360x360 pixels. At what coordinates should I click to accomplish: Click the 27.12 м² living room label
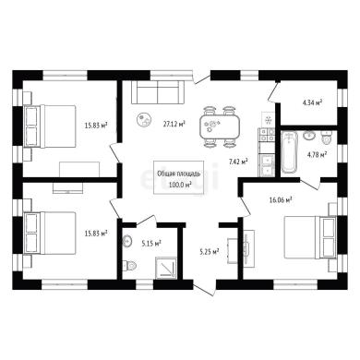(x=174, y=124)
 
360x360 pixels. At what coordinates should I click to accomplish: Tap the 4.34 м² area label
(x=313, y=102)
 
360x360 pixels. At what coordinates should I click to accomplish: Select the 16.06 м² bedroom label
(x=281, y=200)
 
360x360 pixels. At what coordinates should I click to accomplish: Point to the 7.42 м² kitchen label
(x=238, y=162)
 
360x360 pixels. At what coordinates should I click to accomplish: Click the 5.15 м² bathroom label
(x=151, y=245)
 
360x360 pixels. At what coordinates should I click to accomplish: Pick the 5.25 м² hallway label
(x=210, y=252)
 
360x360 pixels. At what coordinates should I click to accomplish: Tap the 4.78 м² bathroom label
(x=318, y=154)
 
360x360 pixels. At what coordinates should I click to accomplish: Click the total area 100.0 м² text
(x=180, y=186)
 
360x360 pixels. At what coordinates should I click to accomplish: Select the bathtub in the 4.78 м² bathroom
(x=289, y=151)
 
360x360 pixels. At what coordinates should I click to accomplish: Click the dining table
(x=220, y=126)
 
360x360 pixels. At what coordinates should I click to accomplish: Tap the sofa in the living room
(x=158, y=92)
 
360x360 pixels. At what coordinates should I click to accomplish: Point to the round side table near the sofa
(x=144, y=119)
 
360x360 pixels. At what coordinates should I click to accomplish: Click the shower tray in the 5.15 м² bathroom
(x=166, y=268)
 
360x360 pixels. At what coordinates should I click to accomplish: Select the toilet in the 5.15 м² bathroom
(x=129, y=265)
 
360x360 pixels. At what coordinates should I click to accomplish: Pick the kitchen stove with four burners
(x=267, y=135)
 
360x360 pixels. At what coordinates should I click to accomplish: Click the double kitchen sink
(x=267, y=165)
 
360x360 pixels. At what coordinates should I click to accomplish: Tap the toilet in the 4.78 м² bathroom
(x=326, y=138)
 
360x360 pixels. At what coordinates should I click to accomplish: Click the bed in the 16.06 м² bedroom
(x=310, y=237)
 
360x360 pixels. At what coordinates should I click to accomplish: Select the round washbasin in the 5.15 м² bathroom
(x=126, y=241)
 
